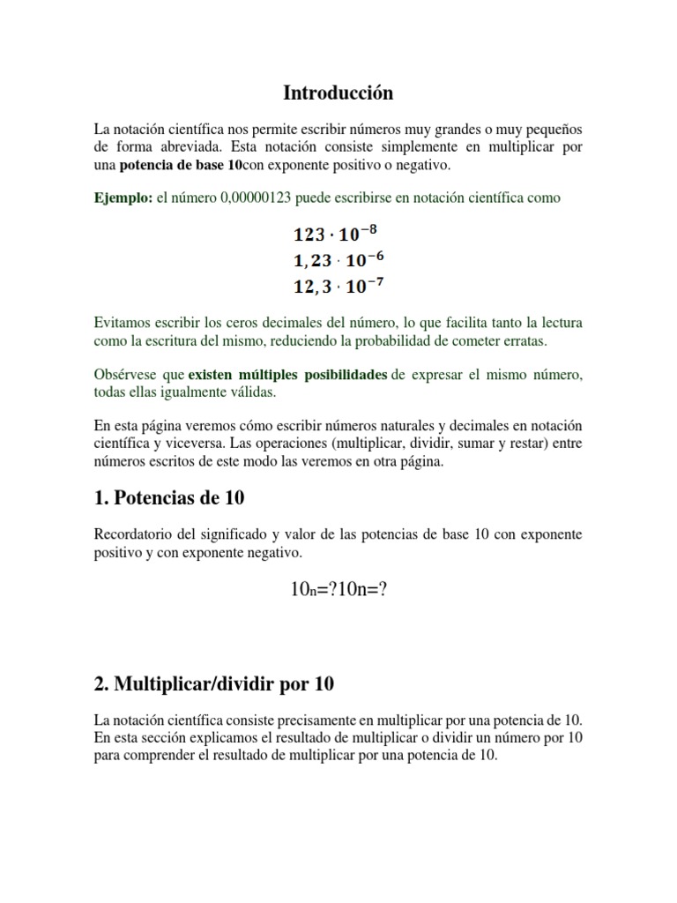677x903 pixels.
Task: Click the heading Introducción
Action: [338, 93]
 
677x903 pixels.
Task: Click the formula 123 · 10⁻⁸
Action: [338, 235]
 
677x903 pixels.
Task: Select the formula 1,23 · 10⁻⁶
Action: [338, 260]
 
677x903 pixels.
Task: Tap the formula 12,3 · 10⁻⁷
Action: [338, 286]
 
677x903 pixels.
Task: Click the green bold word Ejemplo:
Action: [123, 198]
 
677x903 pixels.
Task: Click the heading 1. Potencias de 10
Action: [169, 498]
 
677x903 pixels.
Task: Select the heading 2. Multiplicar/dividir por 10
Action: [214, 684]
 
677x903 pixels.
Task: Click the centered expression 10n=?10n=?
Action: [338, 590]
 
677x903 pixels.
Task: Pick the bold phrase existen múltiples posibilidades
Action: [287, 375]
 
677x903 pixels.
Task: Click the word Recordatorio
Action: [133, 535]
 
